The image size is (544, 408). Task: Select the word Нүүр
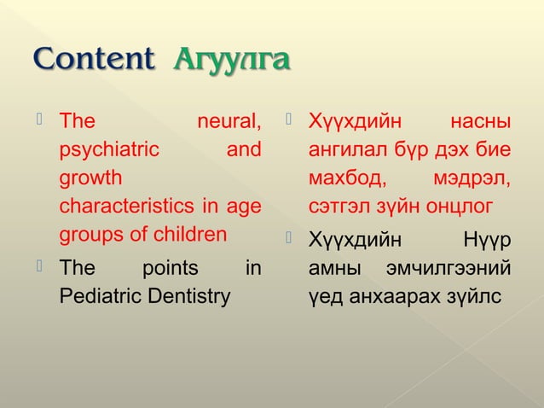pyautogui.click(x=487, y=241)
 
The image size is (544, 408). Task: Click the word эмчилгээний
pyautogui.click(x=449, y=269)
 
